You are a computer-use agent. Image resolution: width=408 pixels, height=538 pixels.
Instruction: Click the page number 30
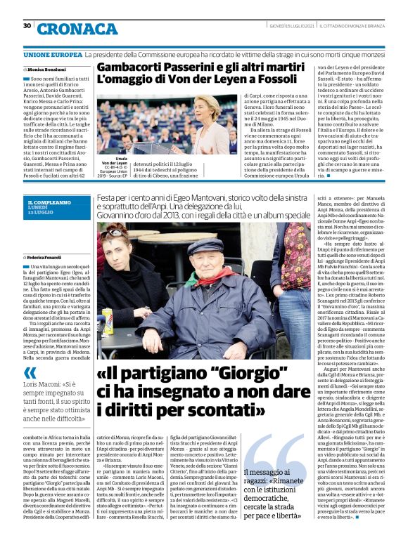click(x=27, y=26)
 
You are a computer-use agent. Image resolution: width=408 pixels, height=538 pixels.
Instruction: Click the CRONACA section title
click(x=78, y=29)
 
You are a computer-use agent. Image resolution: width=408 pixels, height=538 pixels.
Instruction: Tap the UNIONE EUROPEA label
click(x=52, y=54)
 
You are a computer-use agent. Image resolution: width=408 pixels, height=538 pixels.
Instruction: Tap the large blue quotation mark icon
click(x=30, y=373)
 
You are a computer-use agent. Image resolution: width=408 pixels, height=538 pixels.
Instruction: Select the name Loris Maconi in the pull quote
click(x=44, y=386)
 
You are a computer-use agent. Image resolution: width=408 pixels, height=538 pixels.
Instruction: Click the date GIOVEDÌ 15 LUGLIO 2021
click(x=291, y=27)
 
